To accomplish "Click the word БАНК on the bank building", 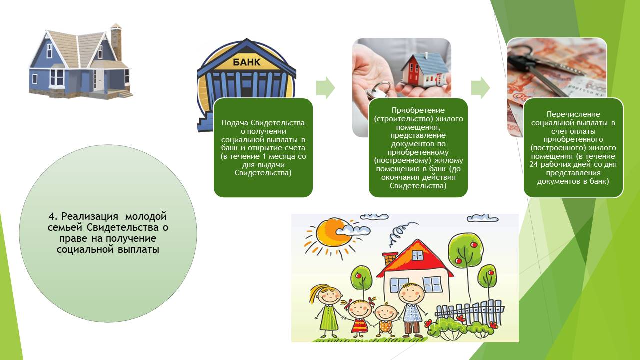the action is tap(247, 62).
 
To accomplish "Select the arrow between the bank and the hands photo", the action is tap(325, 88).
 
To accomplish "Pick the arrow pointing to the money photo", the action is tap(481, 88).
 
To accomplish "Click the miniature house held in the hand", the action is tap(425, 70).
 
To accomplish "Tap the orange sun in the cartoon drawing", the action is tap(333, 235).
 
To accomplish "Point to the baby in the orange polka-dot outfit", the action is tap(385, 320).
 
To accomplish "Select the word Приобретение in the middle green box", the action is tap(418, 110).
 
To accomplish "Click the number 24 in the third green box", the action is tap(534, 165).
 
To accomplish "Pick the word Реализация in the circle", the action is tap(89, 216).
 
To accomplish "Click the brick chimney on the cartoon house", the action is tap(389, 259).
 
